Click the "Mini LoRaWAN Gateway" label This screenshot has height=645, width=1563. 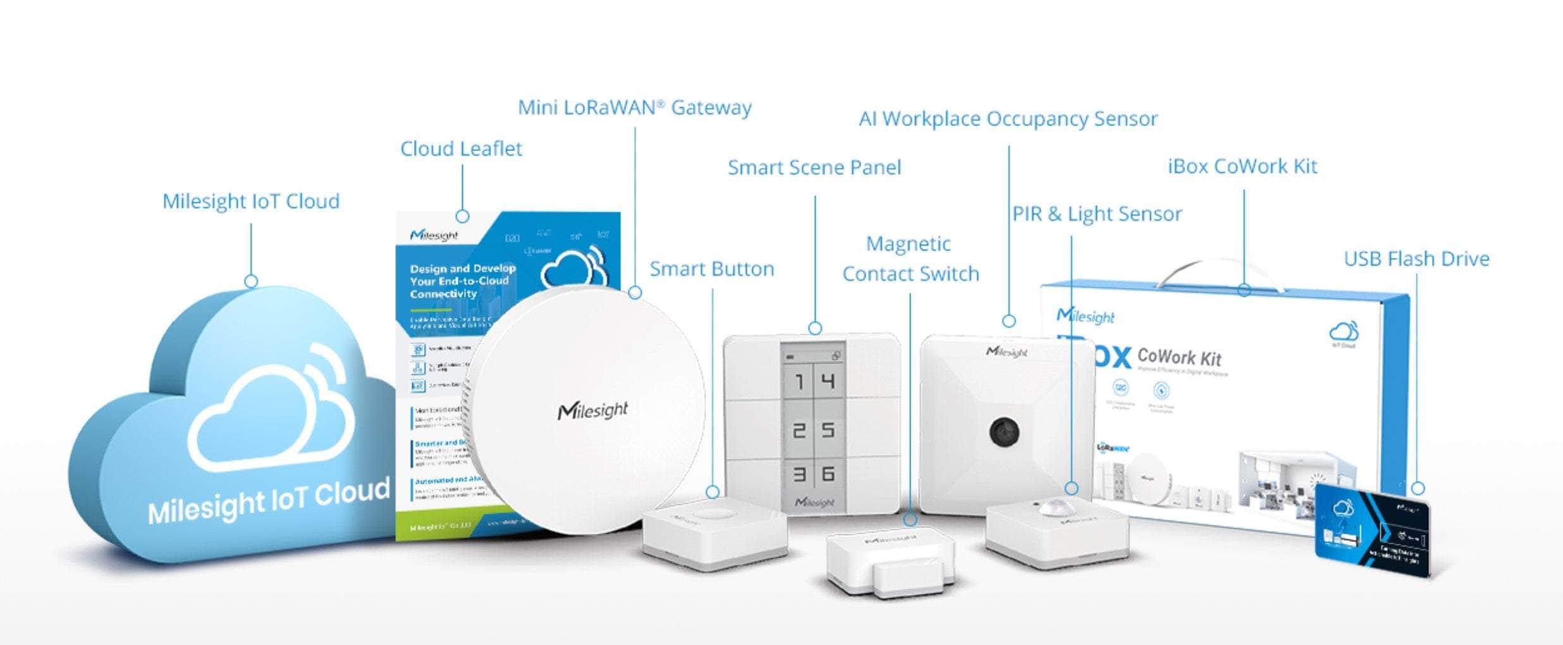tap(635, 107)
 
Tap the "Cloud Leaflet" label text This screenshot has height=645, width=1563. tap(461, 149)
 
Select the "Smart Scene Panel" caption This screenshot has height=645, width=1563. tap(814, 168)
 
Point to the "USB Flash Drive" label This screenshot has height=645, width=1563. tap(1416, 259)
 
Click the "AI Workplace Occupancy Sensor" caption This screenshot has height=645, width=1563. tap(1008, 119)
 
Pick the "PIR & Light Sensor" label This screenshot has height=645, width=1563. tap(1097, 214)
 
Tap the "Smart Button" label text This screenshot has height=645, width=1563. tap(712, 269)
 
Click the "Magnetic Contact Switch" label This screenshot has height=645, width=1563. tap(910, 259)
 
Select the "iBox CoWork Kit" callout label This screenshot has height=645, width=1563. tap(1242, 166)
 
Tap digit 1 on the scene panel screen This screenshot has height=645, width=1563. tap(799, 382)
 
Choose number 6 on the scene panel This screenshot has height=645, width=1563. tap(828, 473)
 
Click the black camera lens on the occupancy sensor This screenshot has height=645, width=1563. tap(1003, 431)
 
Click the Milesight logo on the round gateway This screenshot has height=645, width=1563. tap(592, 411)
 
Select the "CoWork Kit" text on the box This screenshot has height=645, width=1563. tap(1179, 358)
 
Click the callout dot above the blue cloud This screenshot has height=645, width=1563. tap(251, 281)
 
